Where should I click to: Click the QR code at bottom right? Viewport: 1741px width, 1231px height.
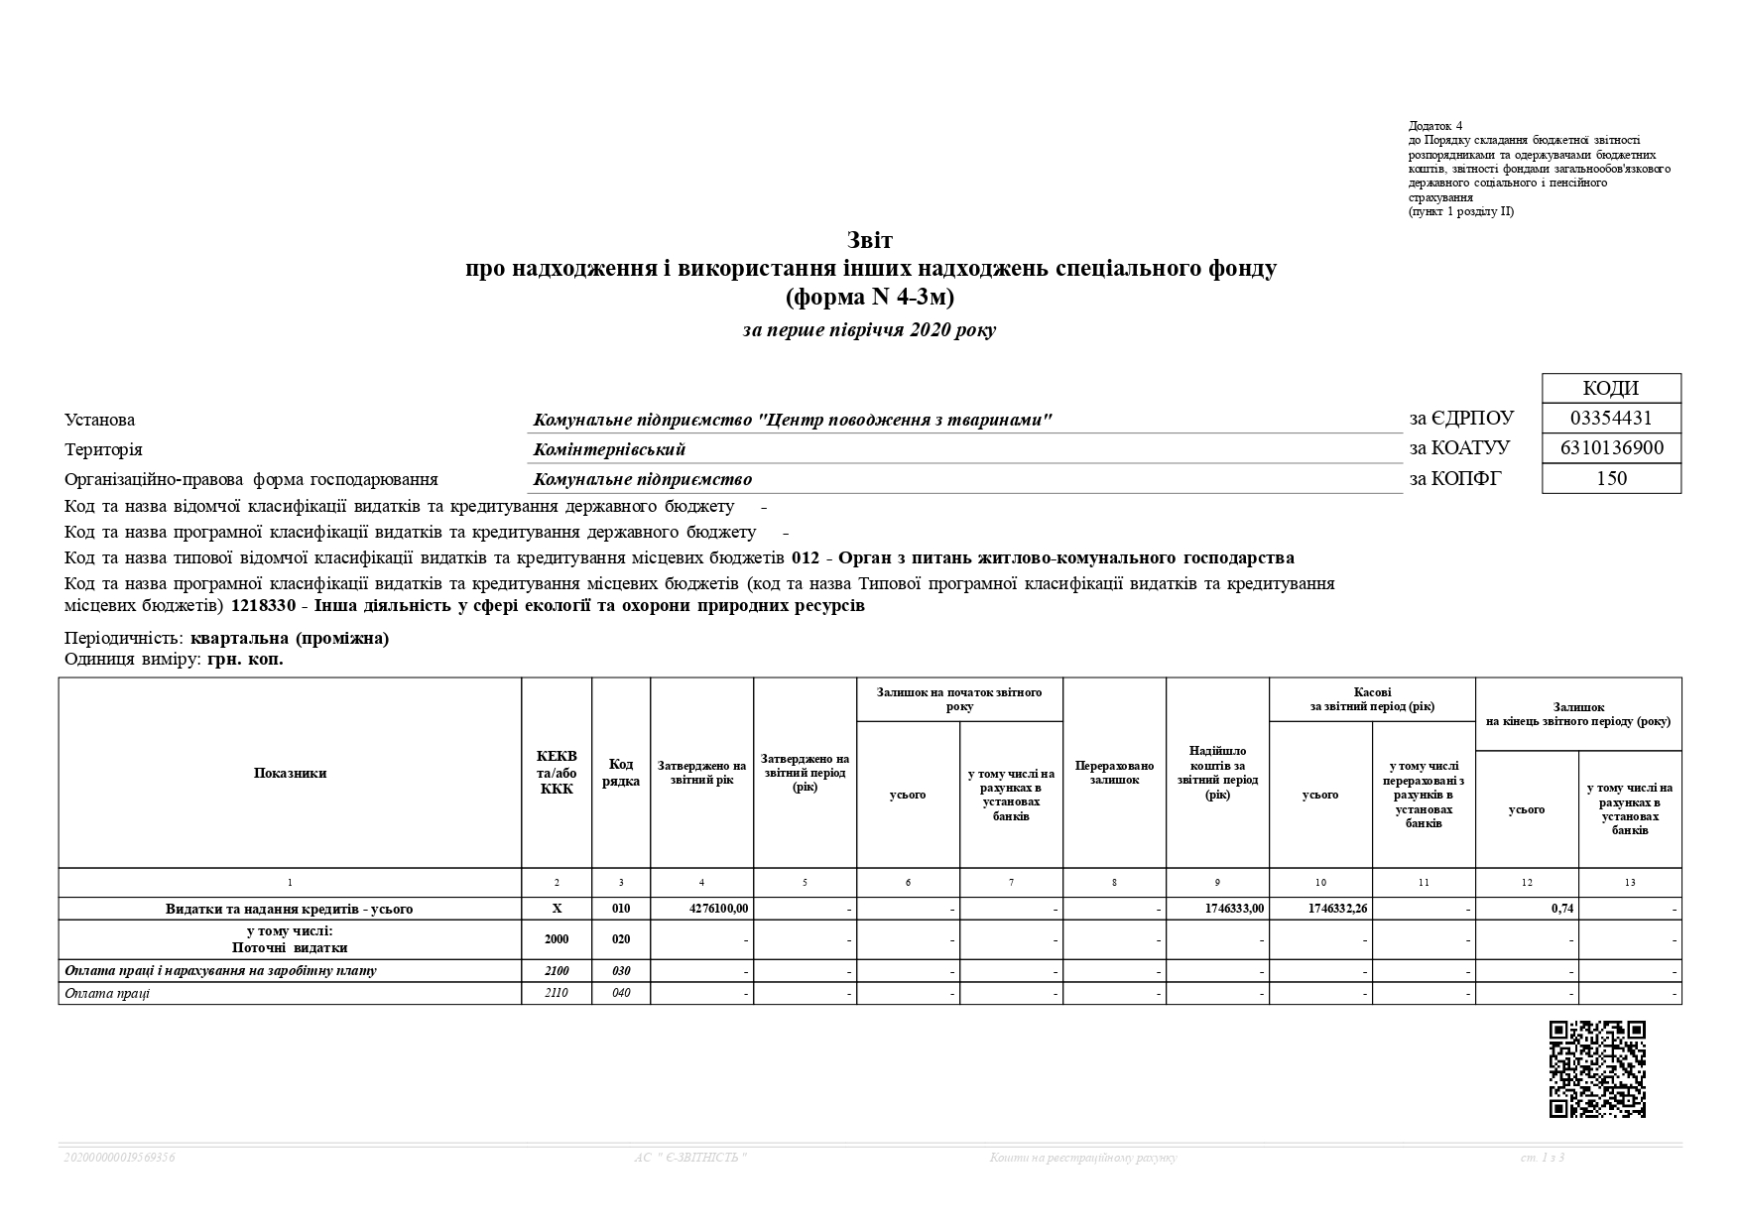point(1597,1068)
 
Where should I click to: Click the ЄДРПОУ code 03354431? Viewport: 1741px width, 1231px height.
point(1611,419)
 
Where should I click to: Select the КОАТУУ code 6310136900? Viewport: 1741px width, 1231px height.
point(1611,448)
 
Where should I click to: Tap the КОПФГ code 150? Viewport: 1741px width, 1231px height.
point(1611,478)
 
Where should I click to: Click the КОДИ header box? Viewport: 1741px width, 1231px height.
point(1611,388)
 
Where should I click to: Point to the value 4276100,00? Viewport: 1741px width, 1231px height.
point(718,909)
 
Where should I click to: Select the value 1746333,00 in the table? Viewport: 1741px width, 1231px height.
point(1234,909)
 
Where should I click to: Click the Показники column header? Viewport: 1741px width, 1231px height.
point(290,774)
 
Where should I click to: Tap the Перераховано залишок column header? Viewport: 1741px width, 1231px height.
point(1114,774)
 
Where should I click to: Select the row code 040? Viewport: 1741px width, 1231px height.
point(621,993)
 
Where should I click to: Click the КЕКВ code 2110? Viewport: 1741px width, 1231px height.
point(557,993)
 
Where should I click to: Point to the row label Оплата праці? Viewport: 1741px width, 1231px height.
point(107,993)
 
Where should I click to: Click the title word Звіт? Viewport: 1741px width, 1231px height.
point(870,241)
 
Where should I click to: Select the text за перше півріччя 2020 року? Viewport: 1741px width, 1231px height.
point(869,330)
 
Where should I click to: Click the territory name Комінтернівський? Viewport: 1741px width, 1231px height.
point(609,449)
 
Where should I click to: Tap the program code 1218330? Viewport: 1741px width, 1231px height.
point(263,606)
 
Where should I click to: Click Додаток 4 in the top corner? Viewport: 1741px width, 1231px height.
point(1434,126)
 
